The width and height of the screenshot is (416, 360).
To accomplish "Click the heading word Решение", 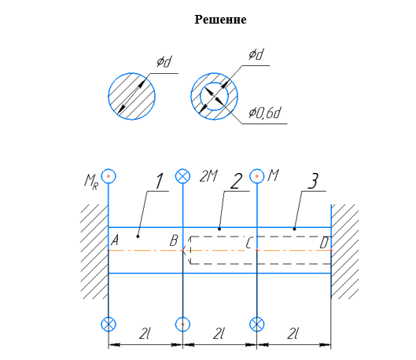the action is [x=220, y=20].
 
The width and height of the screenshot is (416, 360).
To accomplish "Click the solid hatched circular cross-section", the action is [x=131, y=96].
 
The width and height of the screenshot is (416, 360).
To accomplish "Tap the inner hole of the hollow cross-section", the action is [x=214, y=96].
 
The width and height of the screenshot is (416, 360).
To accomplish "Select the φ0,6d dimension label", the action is [x=264, y=112].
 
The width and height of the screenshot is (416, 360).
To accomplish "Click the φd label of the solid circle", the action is [x=164, y=61].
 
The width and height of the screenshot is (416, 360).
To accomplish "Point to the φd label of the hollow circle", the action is [x=256, y=54].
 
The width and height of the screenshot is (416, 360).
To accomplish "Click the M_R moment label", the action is [x=91, y=182].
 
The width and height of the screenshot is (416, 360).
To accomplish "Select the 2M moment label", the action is [x=208, y=176].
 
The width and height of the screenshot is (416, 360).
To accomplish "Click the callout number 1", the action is [x=159, y=182].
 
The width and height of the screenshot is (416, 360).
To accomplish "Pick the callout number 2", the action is [x=236, y=182].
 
